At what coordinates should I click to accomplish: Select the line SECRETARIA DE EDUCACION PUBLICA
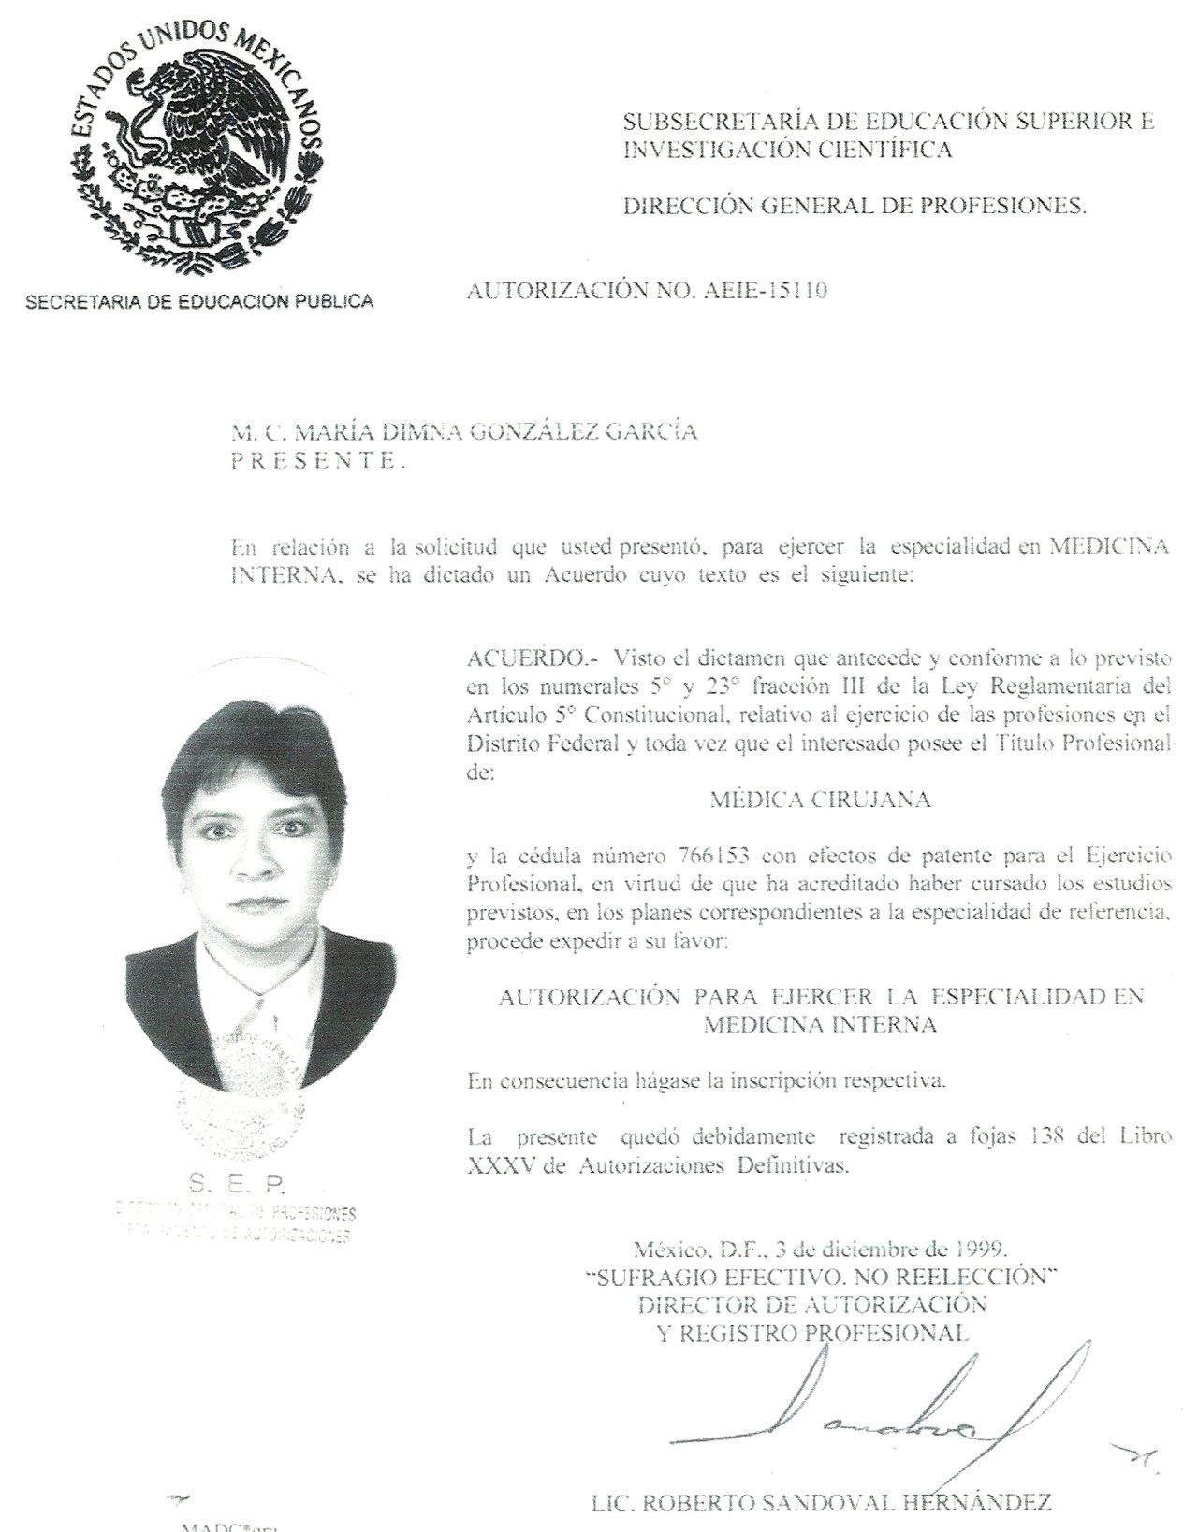(199, 301)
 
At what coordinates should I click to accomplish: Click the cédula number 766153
(709, 855)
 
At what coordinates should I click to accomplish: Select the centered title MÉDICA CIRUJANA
(820, 800)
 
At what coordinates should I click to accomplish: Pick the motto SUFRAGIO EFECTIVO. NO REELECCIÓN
(821, 1277)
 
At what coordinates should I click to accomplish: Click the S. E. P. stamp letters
(236, 1184)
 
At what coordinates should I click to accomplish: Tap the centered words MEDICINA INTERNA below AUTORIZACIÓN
(820, 1025)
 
